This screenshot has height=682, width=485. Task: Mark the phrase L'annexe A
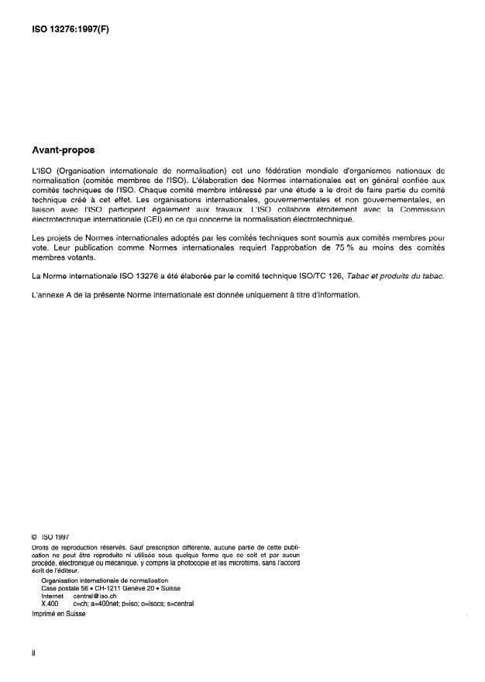pyautogui.click(x=49, y=294)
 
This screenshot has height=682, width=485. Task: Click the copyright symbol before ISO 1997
pyautogui.click(x=34, y=536)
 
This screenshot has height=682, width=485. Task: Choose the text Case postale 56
pyautogui.click(x=67, y=589)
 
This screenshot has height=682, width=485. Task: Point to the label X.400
pyautogui.click(x=50, y=603)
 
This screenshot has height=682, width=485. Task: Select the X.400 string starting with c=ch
pyautogui.click(x=132, y=603)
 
